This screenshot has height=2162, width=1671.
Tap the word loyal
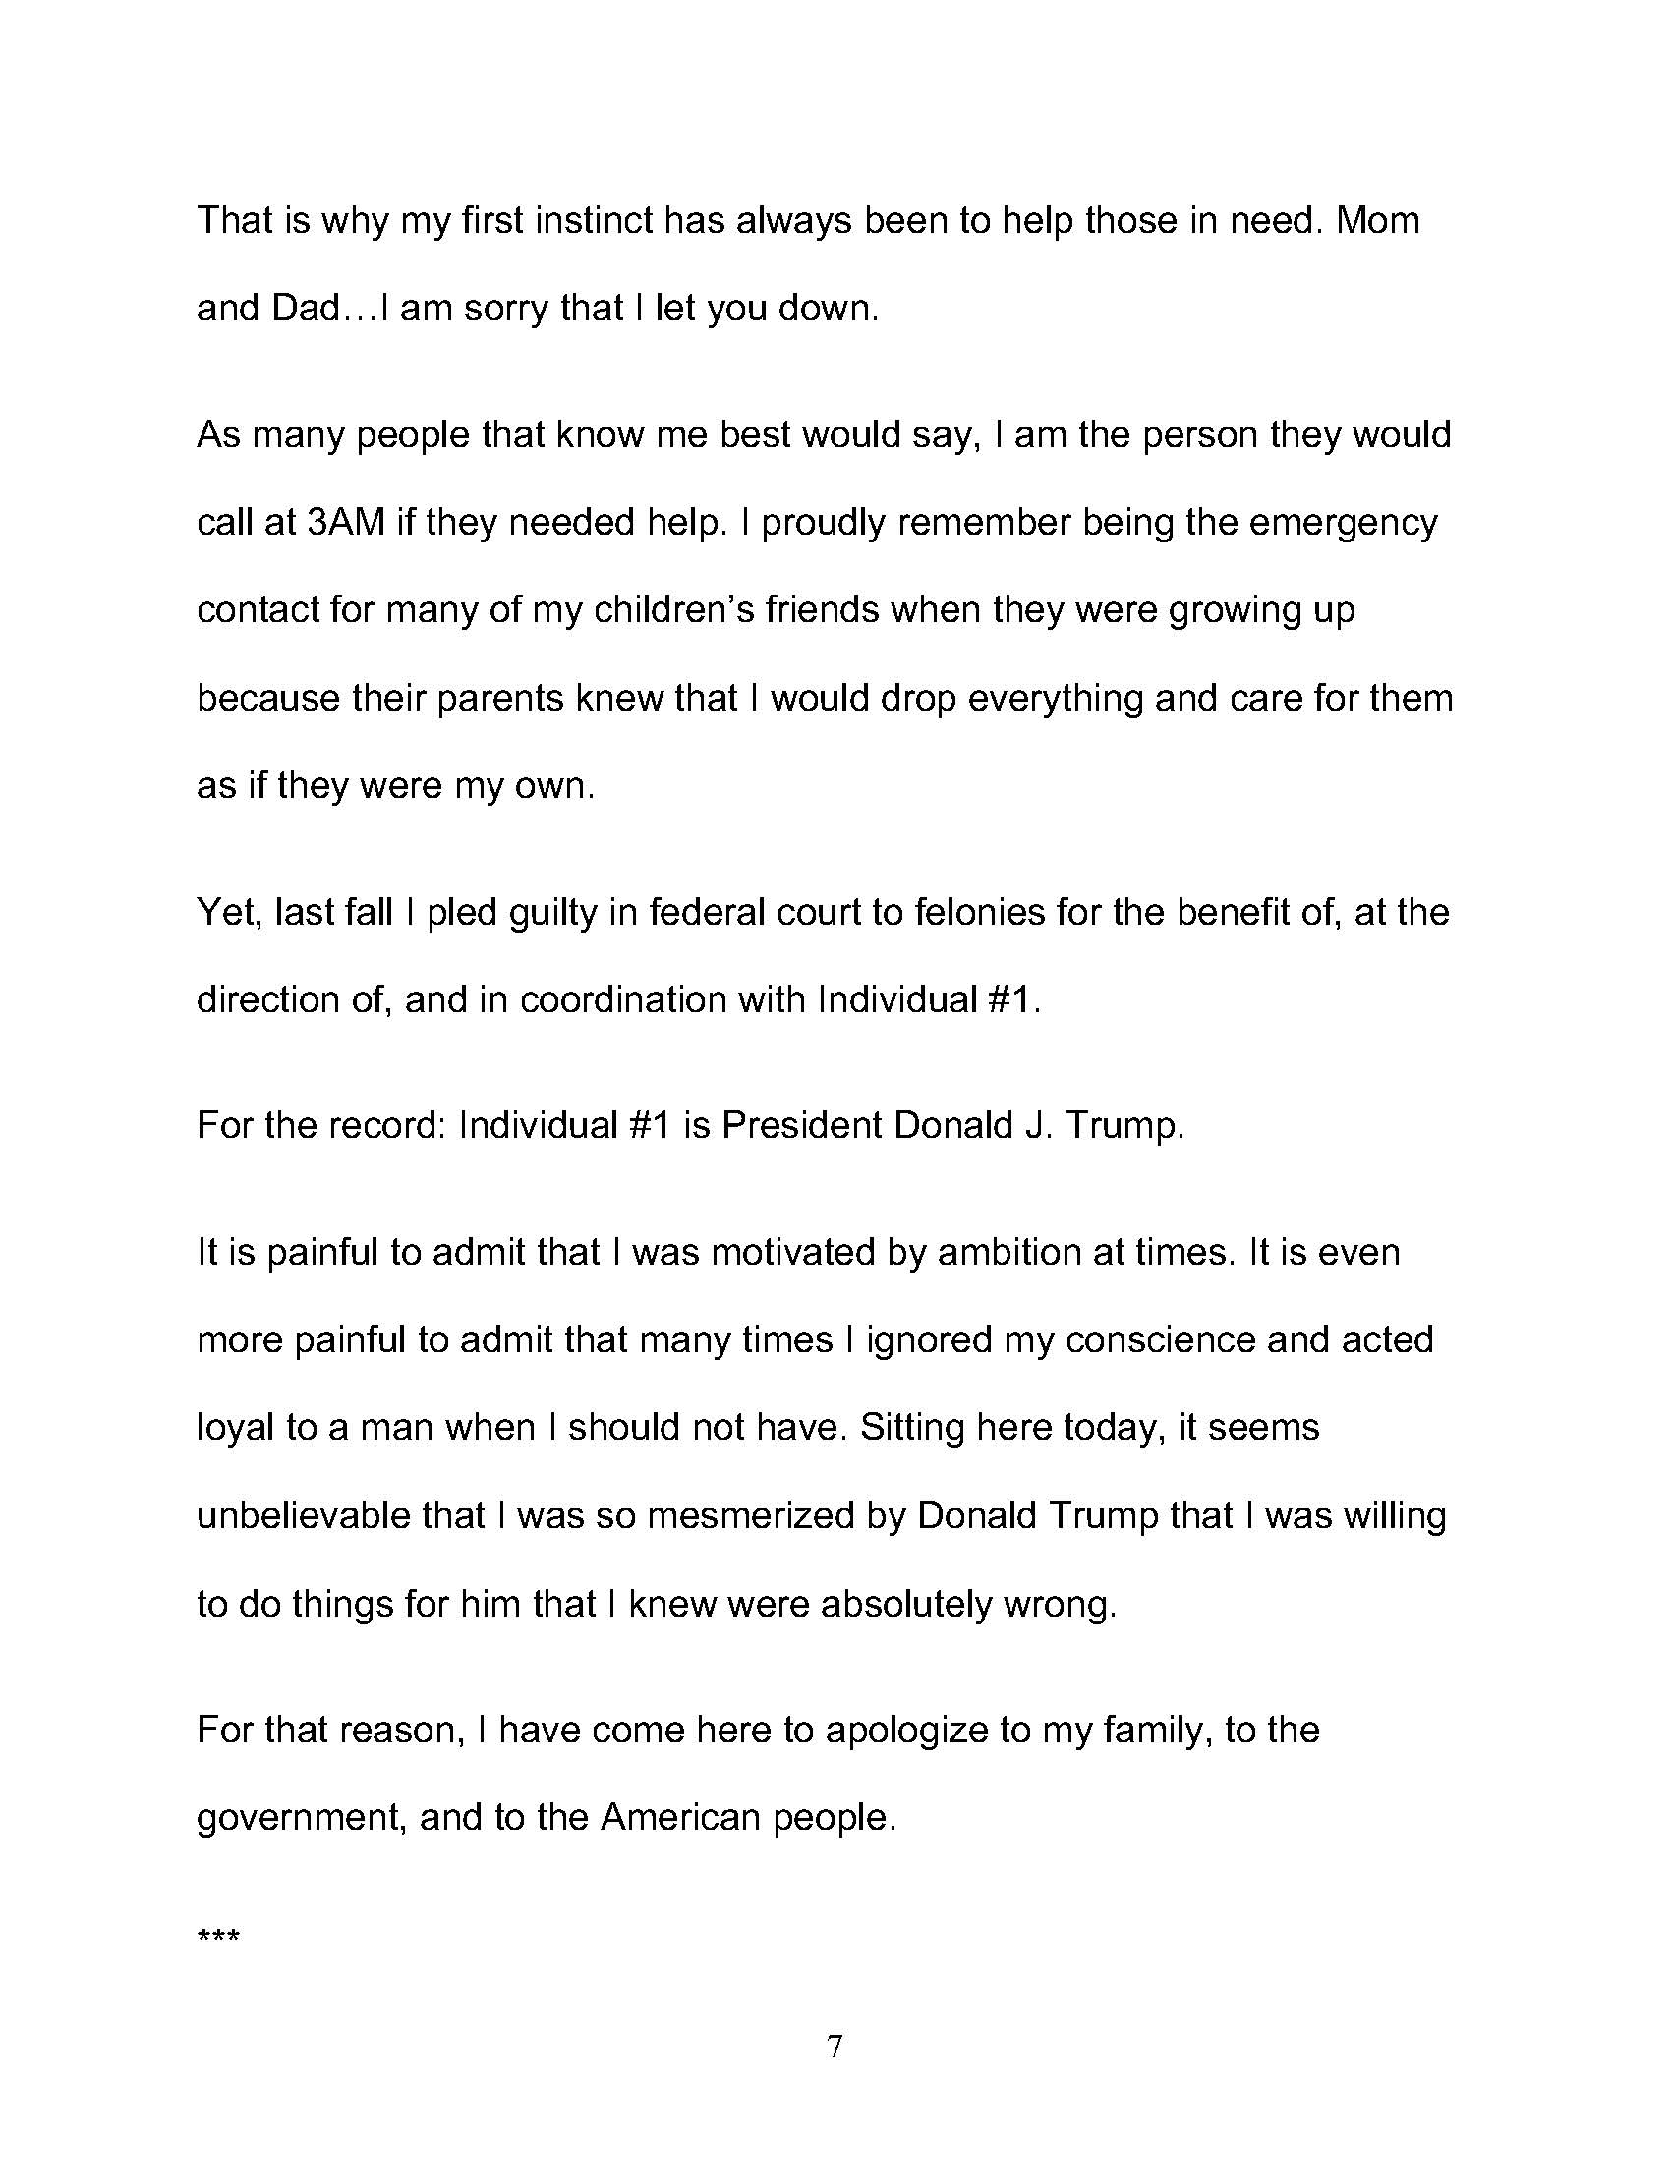coord(236,1428)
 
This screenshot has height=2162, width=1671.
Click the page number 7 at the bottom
coord(835,2046)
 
